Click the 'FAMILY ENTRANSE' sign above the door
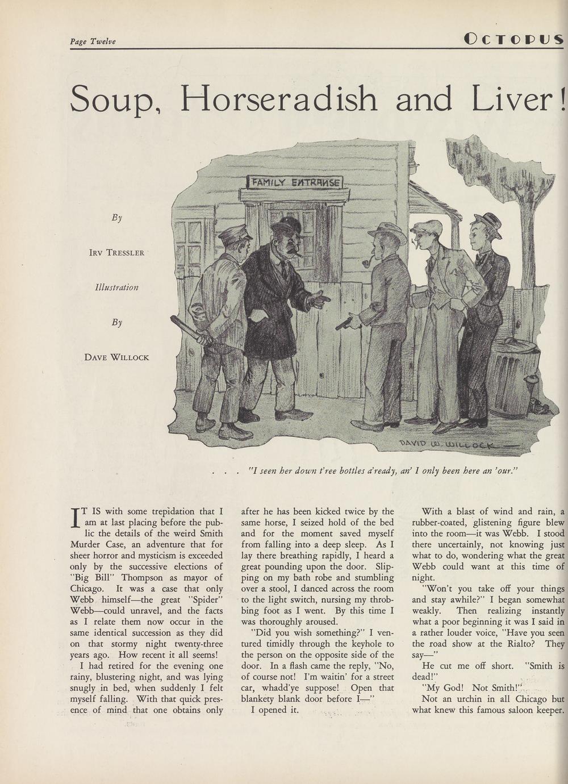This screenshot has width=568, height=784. [x=295, y=182]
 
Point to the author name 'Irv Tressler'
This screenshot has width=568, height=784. [x=116, y=252]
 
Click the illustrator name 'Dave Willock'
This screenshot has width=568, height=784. [x=116, y=357]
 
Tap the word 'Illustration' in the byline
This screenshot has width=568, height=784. [x=116, y=287]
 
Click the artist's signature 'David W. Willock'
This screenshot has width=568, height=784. [x=452, y=443]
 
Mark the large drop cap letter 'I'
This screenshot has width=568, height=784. [x=75, y=517]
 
